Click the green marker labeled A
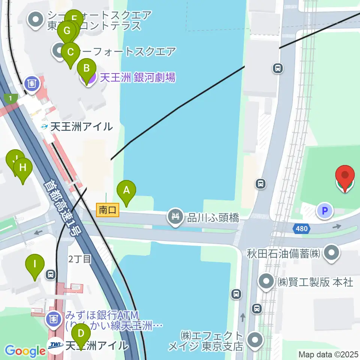pyautogui.click(x=126, y=190)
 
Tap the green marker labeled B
pyautogui.click(x=86, y=69)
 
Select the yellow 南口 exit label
pyautogui.click(x=108, y=210)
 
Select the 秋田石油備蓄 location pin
pyautogui.click(x=331, y=253)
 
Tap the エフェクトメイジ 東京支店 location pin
pyautogui.click(x=256, y=340)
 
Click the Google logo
pyautogui.click(x=25, y=351)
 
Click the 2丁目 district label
pyautogui.click(x=79, y=259)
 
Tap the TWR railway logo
pyautogui.click(x=55, y=344)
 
